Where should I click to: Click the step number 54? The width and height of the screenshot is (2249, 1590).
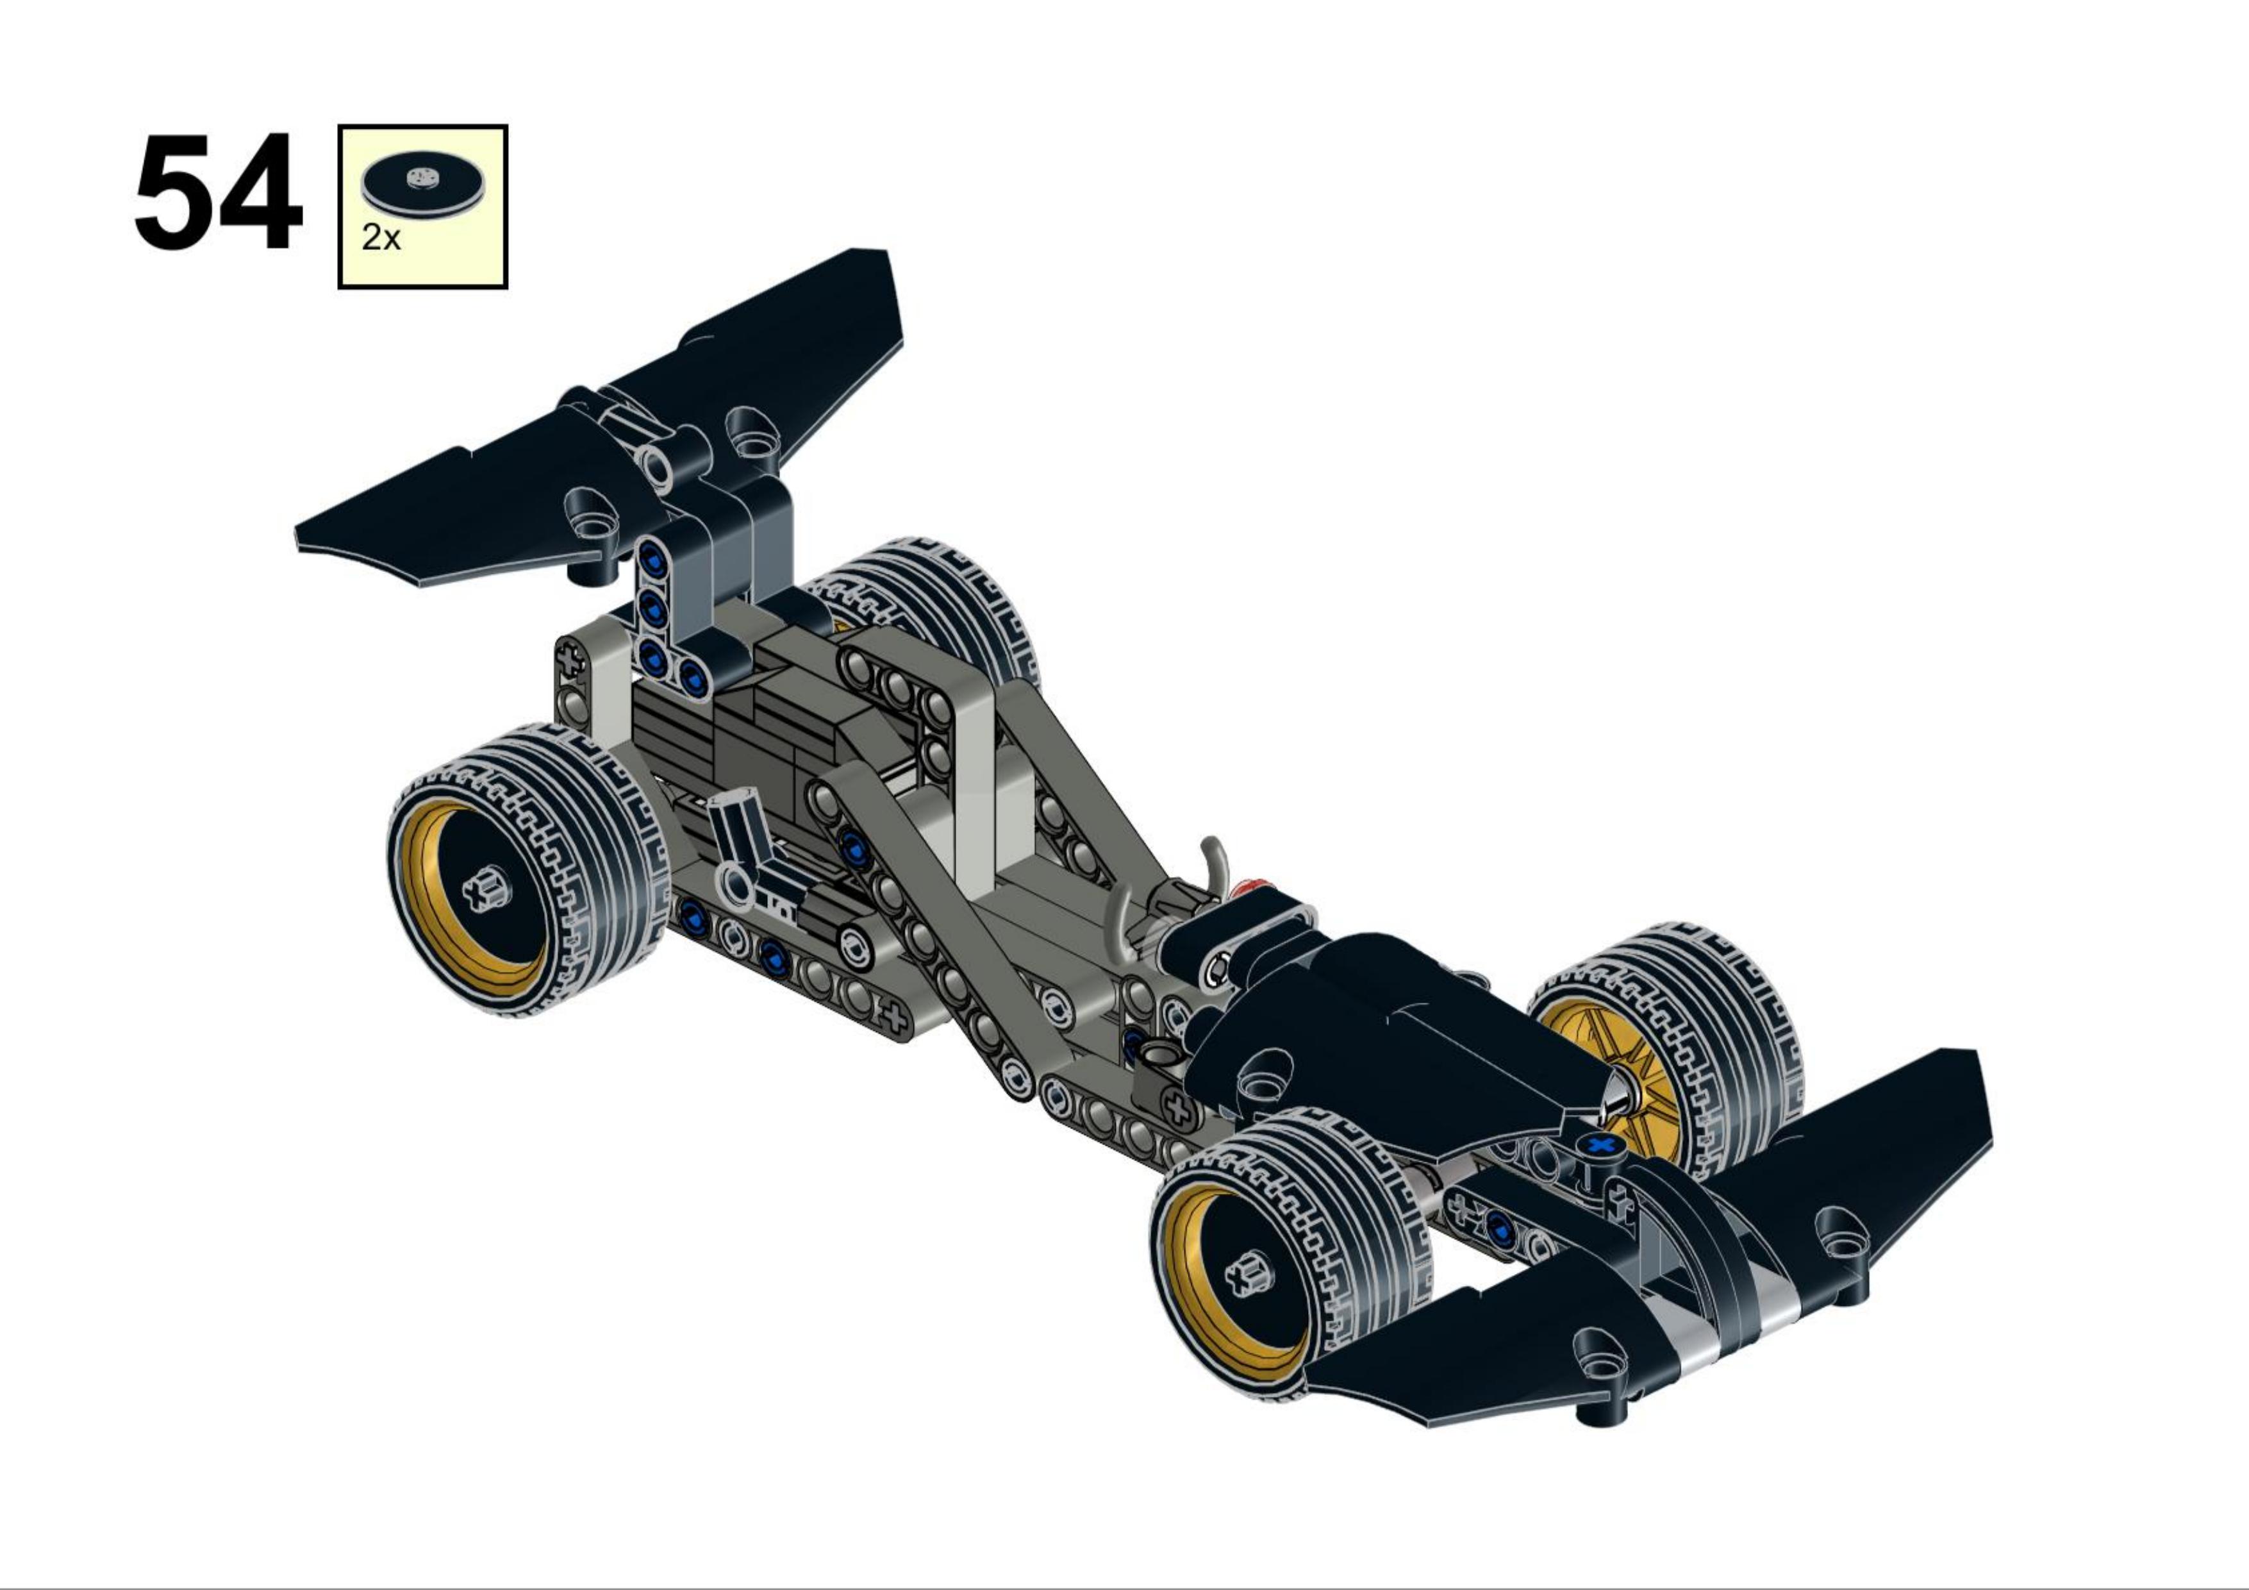click(x=217, y=193)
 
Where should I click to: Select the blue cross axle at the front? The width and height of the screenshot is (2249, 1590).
click(x=1600, y=1144)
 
